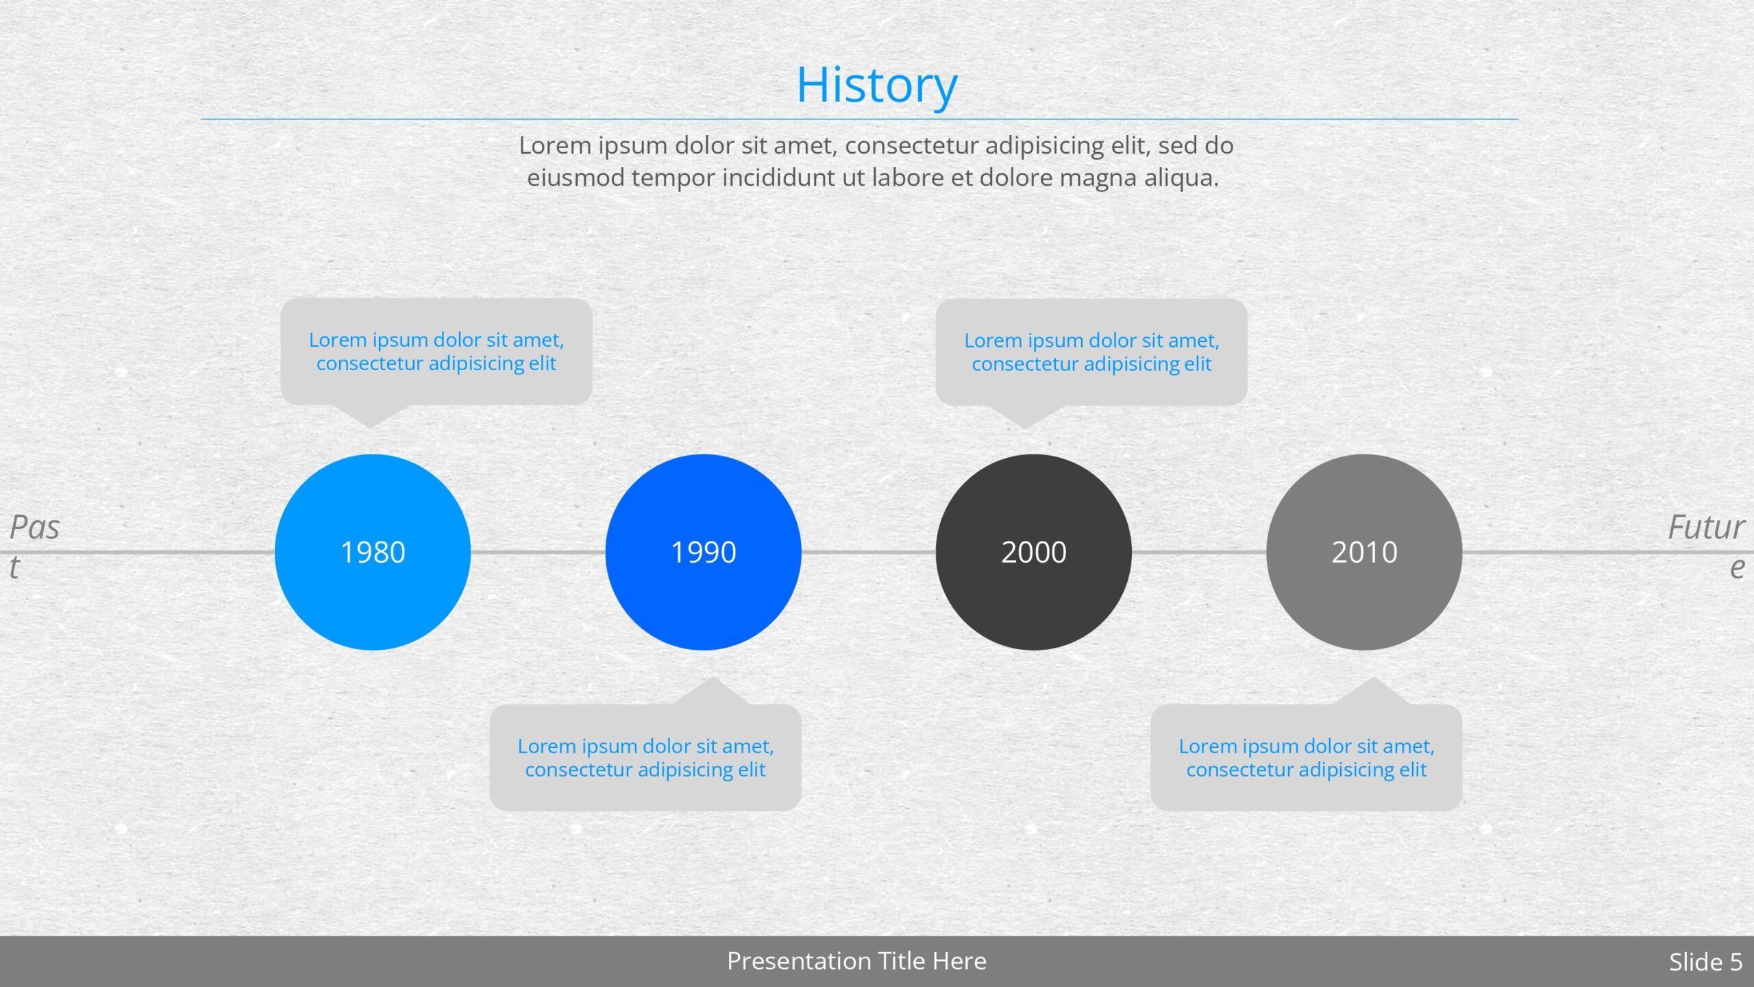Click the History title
point(876,85)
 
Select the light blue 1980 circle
point(373,552)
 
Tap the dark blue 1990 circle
point(703,552)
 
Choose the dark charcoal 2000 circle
point(1034,552)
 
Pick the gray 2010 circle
point(1364,552)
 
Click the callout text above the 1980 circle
point(436,351)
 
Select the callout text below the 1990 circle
point(645,757)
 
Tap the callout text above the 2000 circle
point(1092,352)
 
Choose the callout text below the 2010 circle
point(1307,757)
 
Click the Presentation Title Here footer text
point(856,961)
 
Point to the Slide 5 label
point(1705,962)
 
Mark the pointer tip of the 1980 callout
point(371,428)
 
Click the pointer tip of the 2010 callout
point(1373,678)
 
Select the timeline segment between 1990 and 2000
point(869,552)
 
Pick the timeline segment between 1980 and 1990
point(538,552)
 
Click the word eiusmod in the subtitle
point(575,178)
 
